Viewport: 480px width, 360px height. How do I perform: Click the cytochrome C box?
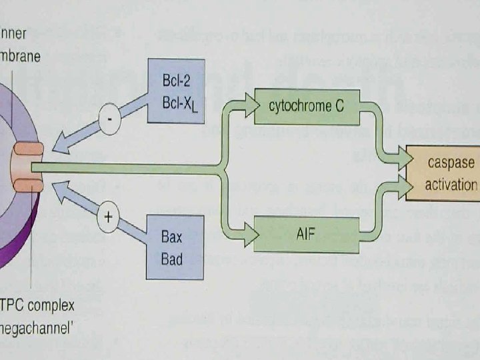click(x=306, y=107)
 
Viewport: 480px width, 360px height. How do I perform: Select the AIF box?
click(x=306, y=233)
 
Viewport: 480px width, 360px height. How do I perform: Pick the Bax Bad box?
click(x=172, y=247)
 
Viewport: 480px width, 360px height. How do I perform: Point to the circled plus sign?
click(x=108, y=217)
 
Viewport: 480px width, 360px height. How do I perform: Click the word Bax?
click(x=172, y=237)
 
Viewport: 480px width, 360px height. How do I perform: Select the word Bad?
click(x=172, y=258)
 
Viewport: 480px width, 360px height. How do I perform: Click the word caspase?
click(x=451, y=163)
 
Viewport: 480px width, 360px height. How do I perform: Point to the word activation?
click(x=451, y=184)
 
